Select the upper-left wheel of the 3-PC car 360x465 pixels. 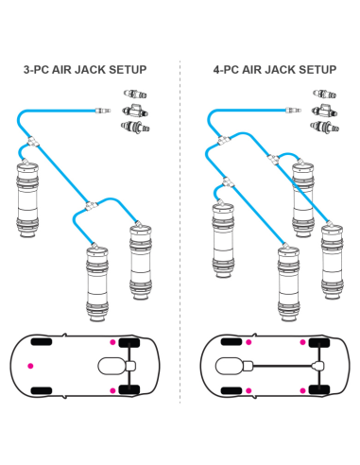pyautogui.click(x=42, y=340)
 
